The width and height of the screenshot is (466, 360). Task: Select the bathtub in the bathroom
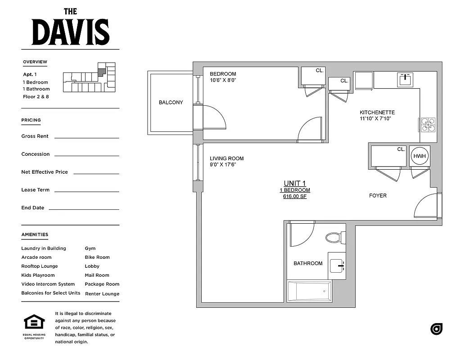pos(310,291)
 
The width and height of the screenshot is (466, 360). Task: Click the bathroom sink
pos(337,266)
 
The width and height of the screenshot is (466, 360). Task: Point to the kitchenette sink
pos(405,79)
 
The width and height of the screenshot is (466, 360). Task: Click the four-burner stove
pos(427,124)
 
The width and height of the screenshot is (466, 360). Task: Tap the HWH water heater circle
pos(419,156)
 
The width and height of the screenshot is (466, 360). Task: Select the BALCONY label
pos(171,103)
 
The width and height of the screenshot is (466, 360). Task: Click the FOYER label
pos(378,196)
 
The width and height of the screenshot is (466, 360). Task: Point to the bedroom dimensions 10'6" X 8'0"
pos(223,81)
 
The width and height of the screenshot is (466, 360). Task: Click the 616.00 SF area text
pos(294,197)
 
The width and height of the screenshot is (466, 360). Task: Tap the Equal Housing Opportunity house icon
pos(34,323)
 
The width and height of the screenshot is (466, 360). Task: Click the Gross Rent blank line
pos(86,137)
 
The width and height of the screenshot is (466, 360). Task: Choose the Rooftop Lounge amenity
pos(40,266)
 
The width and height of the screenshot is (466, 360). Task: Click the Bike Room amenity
pos(97,257)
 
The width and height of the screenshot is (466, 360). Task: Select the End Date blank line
pos(84,209)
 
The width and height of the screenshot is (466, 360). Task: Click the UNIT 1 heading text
pos(294,183)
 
